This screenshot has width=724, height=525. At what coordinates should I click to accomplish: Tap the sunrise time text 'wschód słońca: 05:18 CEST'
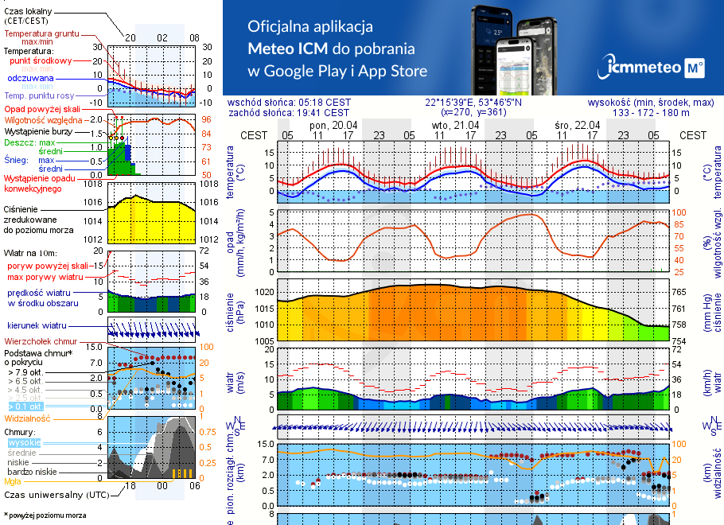tap(288, 103)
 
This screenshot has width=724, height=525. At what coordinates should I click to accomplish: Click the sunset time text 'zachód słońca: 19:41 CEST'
tap(288, 113)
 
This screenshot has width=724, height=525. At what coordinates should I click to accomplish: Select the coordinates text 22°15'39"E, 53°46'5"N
tap(473, 103)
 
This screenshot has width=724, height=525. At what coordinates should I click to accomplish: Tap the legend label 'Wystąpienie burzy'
tap(41, 130)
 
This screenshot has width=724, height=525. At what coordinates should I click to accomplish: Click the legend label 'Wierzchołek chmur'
tap(41, 340)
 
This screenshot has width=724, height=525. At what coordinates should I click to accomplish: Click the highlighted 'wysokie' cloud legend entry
tap(24, 442)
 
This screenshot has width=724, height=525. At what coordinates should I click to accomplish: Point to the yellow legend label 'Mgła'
tap(13, 481)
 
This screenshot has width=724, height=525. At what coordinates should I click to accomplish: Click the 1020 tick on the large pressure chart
tap(265, 292)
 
